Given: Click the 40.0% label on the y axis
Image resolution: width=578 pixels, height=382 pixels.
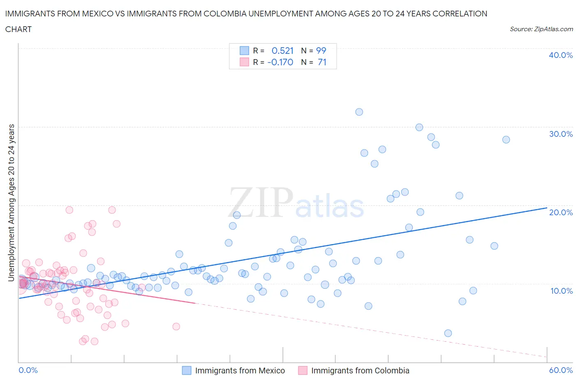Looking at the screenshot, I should (x=560, y=55).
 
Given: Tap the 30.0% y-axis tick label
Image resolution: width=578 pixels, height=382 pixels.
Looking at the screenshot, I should (x=560, y=134).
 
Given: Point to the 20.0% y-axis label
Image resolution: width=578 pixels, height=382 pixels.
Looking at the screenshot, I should (x=560, y=212).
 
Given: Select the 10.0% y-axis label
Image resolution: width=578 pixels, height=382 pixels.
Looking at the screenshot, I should (x=561, y=291).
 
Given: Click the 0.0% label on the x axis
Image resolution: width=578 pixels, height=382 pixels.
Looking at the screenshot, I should (x=28, y=370).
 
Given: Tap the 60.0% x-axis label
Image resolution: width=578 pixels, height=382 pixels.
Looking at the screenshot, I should (x=560, y=370).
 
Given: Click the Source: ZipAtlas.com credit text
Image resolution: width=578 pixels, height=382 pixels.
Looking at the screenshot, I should (x=541, y=29).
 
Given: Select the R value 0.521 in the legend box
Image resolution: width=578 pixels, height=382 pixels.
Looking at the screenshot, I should (x=282, y=51).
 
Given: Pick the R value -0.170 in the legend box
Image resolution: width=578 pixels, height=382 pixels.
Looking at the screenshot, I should (x=280, y=62).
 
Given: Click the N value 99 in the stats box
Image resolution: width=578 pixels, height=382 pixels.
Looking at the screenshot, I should (x=321, y=51).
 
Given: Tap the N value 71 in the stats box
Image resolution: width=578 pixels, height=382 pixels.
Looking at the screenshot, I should (x=322, y=62).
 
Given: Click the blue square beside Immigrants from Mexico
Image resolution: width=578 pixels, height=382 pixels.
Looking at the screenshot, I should (x=187, y=370).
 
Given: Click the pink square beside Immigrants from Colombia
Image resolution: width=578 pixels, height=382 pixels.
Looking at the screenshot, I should (x=303, y=370).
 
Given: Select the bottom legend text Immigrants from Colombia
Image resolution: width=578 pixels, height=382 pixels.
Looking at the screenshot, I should (x=360, y=370).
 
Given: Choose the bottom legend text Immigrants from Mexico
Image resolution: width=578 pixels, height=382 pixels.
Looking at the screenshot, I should (x=240, y=370).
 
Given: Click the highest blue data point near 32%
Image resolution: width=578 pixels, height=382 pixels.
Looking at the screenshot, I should (x=359, y=112).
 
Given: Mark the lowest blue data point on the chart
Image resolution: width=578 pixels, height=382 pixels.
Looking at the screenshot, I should (x=448, y=333).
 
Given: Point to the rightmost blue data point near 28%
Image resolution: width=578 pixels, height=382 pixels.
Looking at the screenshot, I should (x=506, y=140).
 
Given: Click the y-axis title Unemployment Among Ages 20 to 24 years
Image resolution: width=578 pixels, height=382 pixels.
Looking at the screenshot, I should (x=12, y=203).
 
